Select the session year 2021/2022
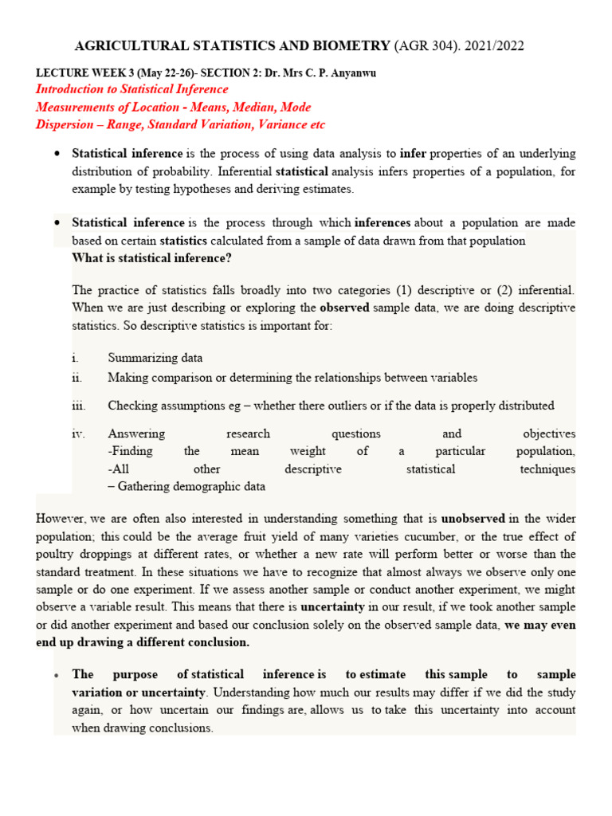coord(495,46)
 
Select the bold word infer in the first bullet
coord(414,153)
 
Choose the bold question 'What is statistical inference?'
coord(151,257)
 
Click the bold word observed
coord(344,308)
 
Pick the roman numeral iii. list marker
coord(78,406)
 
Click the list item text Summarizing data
coord(155,358)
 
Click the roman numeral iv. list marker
coord(78,434)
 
